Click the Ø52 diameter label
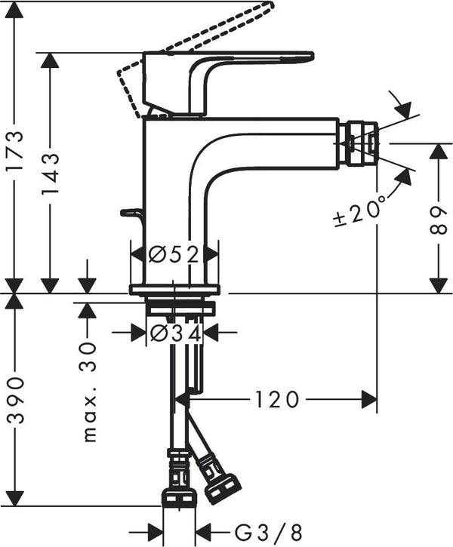[174, 254]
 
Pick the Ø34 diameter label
[174, 332]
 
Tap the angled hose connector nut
[222, 481]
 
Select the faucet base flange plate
[174, 290]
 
